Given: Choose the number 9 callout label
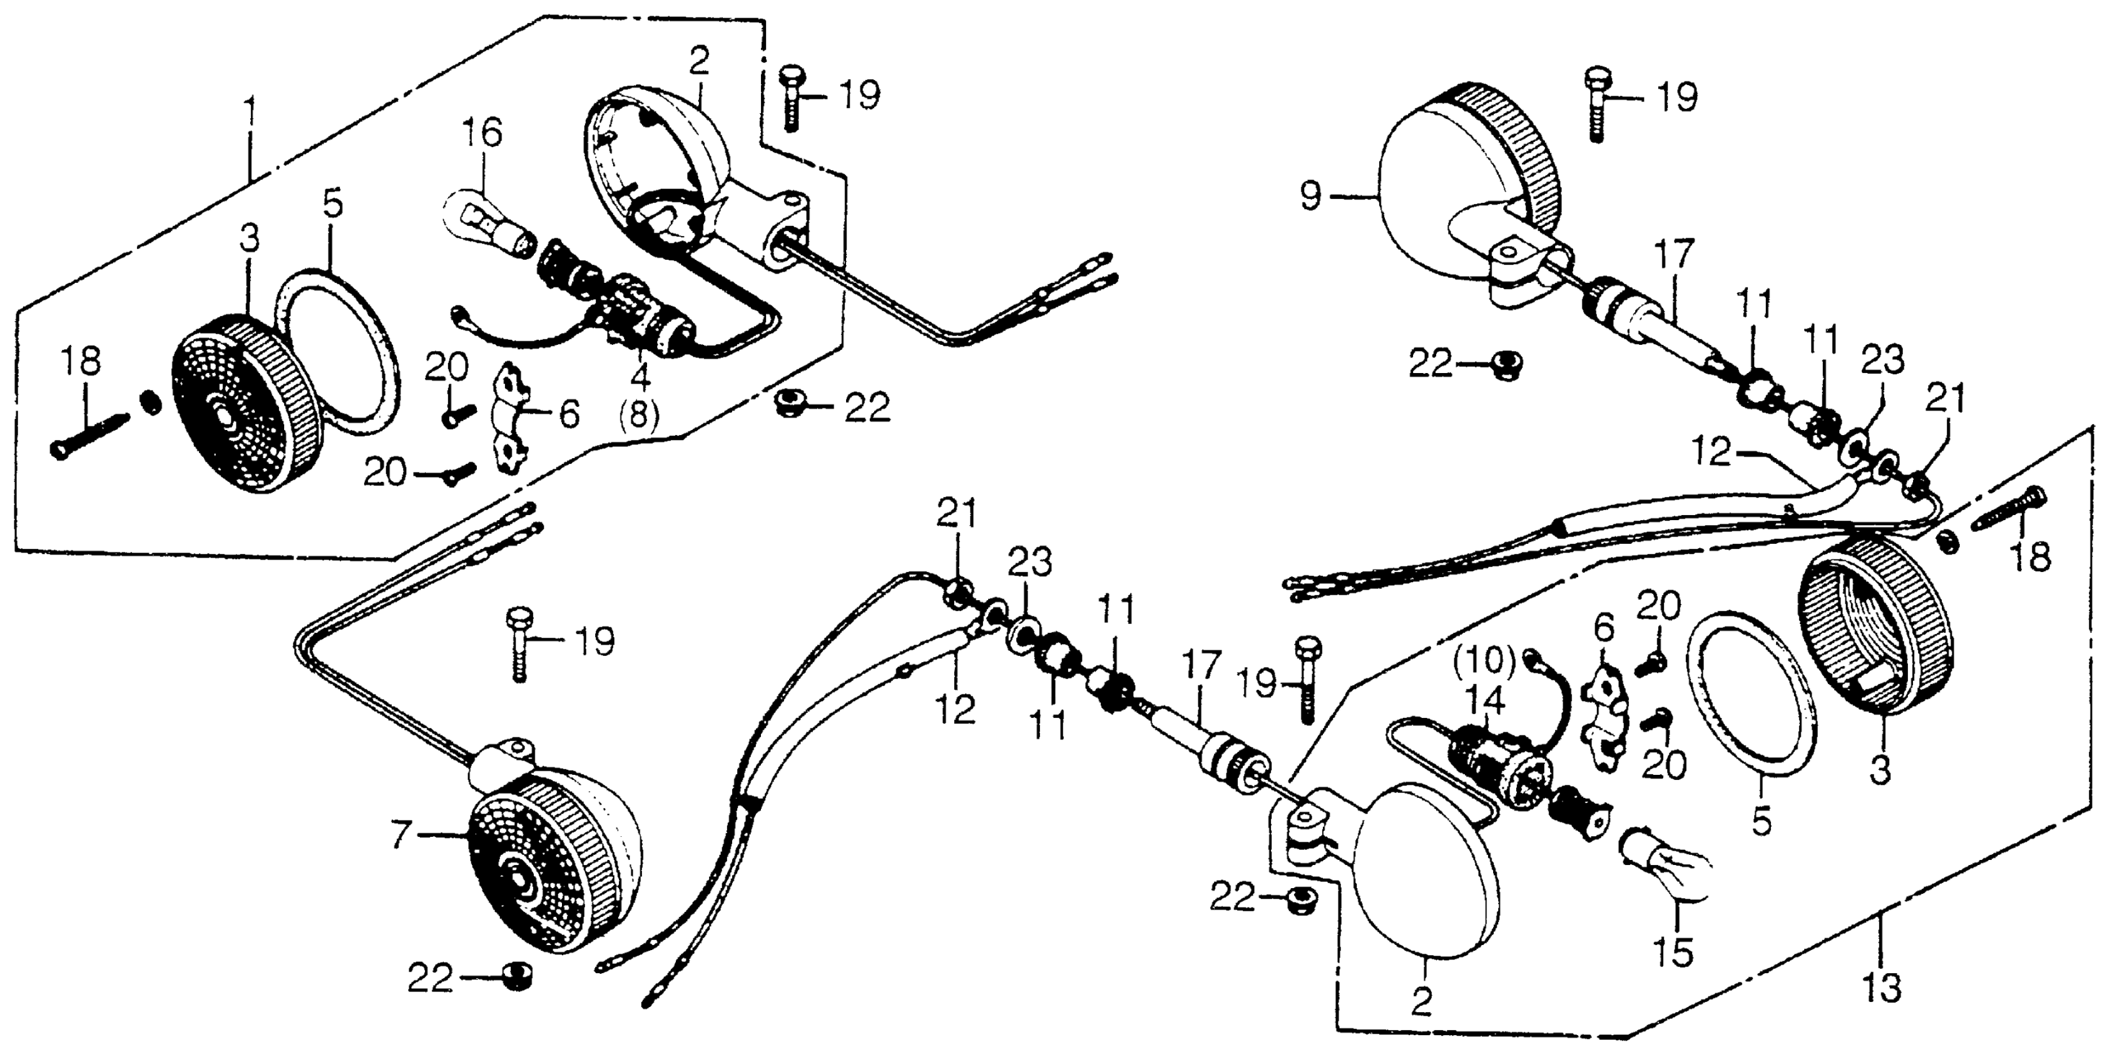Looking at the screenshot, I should tap(1311, 196).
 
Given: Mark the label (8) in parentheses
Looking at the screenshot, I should tap(639, 415).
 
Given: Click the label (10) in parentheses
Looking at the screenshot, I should tap(1486, 658).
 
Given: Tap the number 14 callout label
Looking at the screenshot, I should tap(1486, 701).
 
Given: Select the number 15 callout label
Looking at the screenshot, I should tap(1673, 952).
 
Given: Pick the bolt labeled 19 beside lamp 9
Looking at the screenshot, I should tap(1596, 106).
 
